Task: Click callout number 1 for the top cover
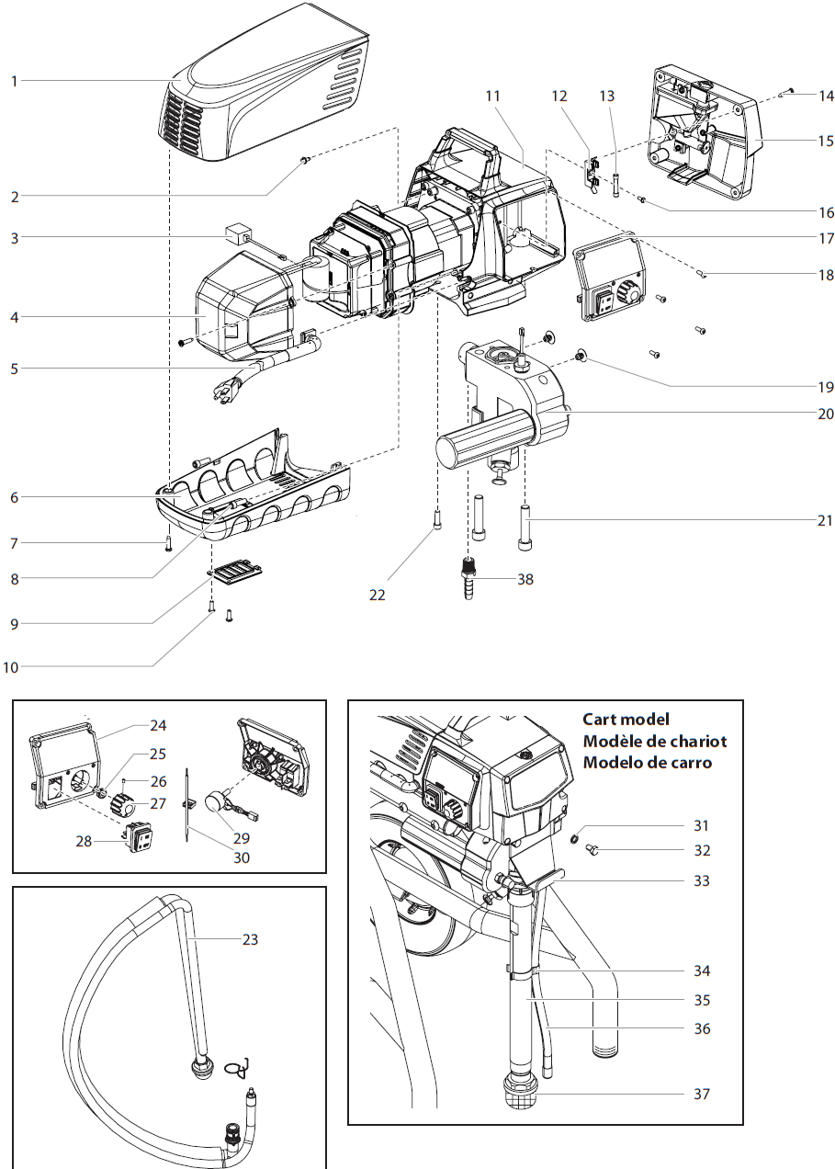click(x=14, y=81)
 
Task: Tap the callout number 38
click(x=525, y=580)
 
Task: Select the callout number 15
click(x=825, y=141)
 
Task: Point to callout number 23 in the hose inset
click(x=250, y=939)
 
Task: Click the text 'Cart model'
click(x=626, y=720)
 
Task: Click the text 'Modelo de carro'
click(x=647, y=763)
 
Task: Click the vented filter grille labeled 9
click(x=237, y=575)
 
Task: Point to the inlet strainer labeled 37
click(x=517, y=1095)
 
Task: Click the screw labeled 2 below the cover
click(x=306, y=161)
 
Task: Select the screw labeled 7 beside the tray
click(x=168, y=543)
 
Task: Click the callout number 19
click(x=825, y=387)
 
